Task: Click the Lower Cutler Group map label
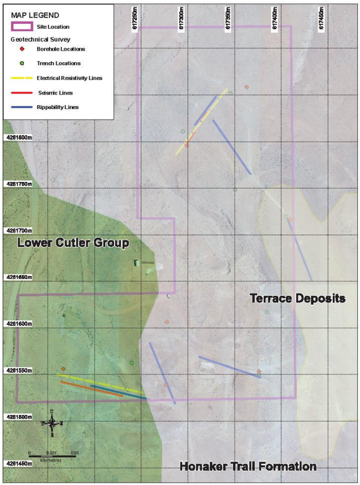tap(73, 243)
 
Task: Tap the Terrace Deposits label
tap(298, 299)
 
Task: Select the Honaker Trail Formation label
tap(248, 466)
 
